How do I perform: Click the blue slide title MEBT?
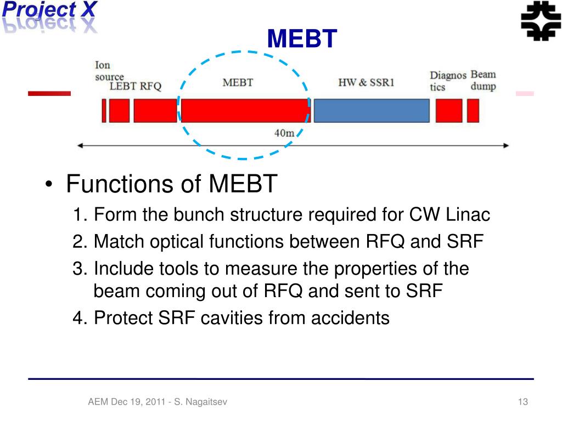pyautogui.click(x=302, y=39)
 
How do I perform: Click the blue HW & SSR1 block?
pyautogui.click(x=371, y=111)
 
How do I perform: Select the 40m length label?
pyautogui.click(x=284, y=133)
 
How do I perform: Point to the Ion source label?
pyautogui.click(x=108, y=71)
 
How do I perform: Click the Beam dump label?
pyautogui.click(x=483, y=80)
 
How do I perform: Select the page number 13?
pyautogui.click(x=522, y=402)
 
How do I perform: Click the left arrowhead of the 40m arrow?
pyautogui.click(x=80, y=146)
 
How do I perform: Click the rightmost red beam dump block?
pyautogui.click(x=473, y=111)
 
